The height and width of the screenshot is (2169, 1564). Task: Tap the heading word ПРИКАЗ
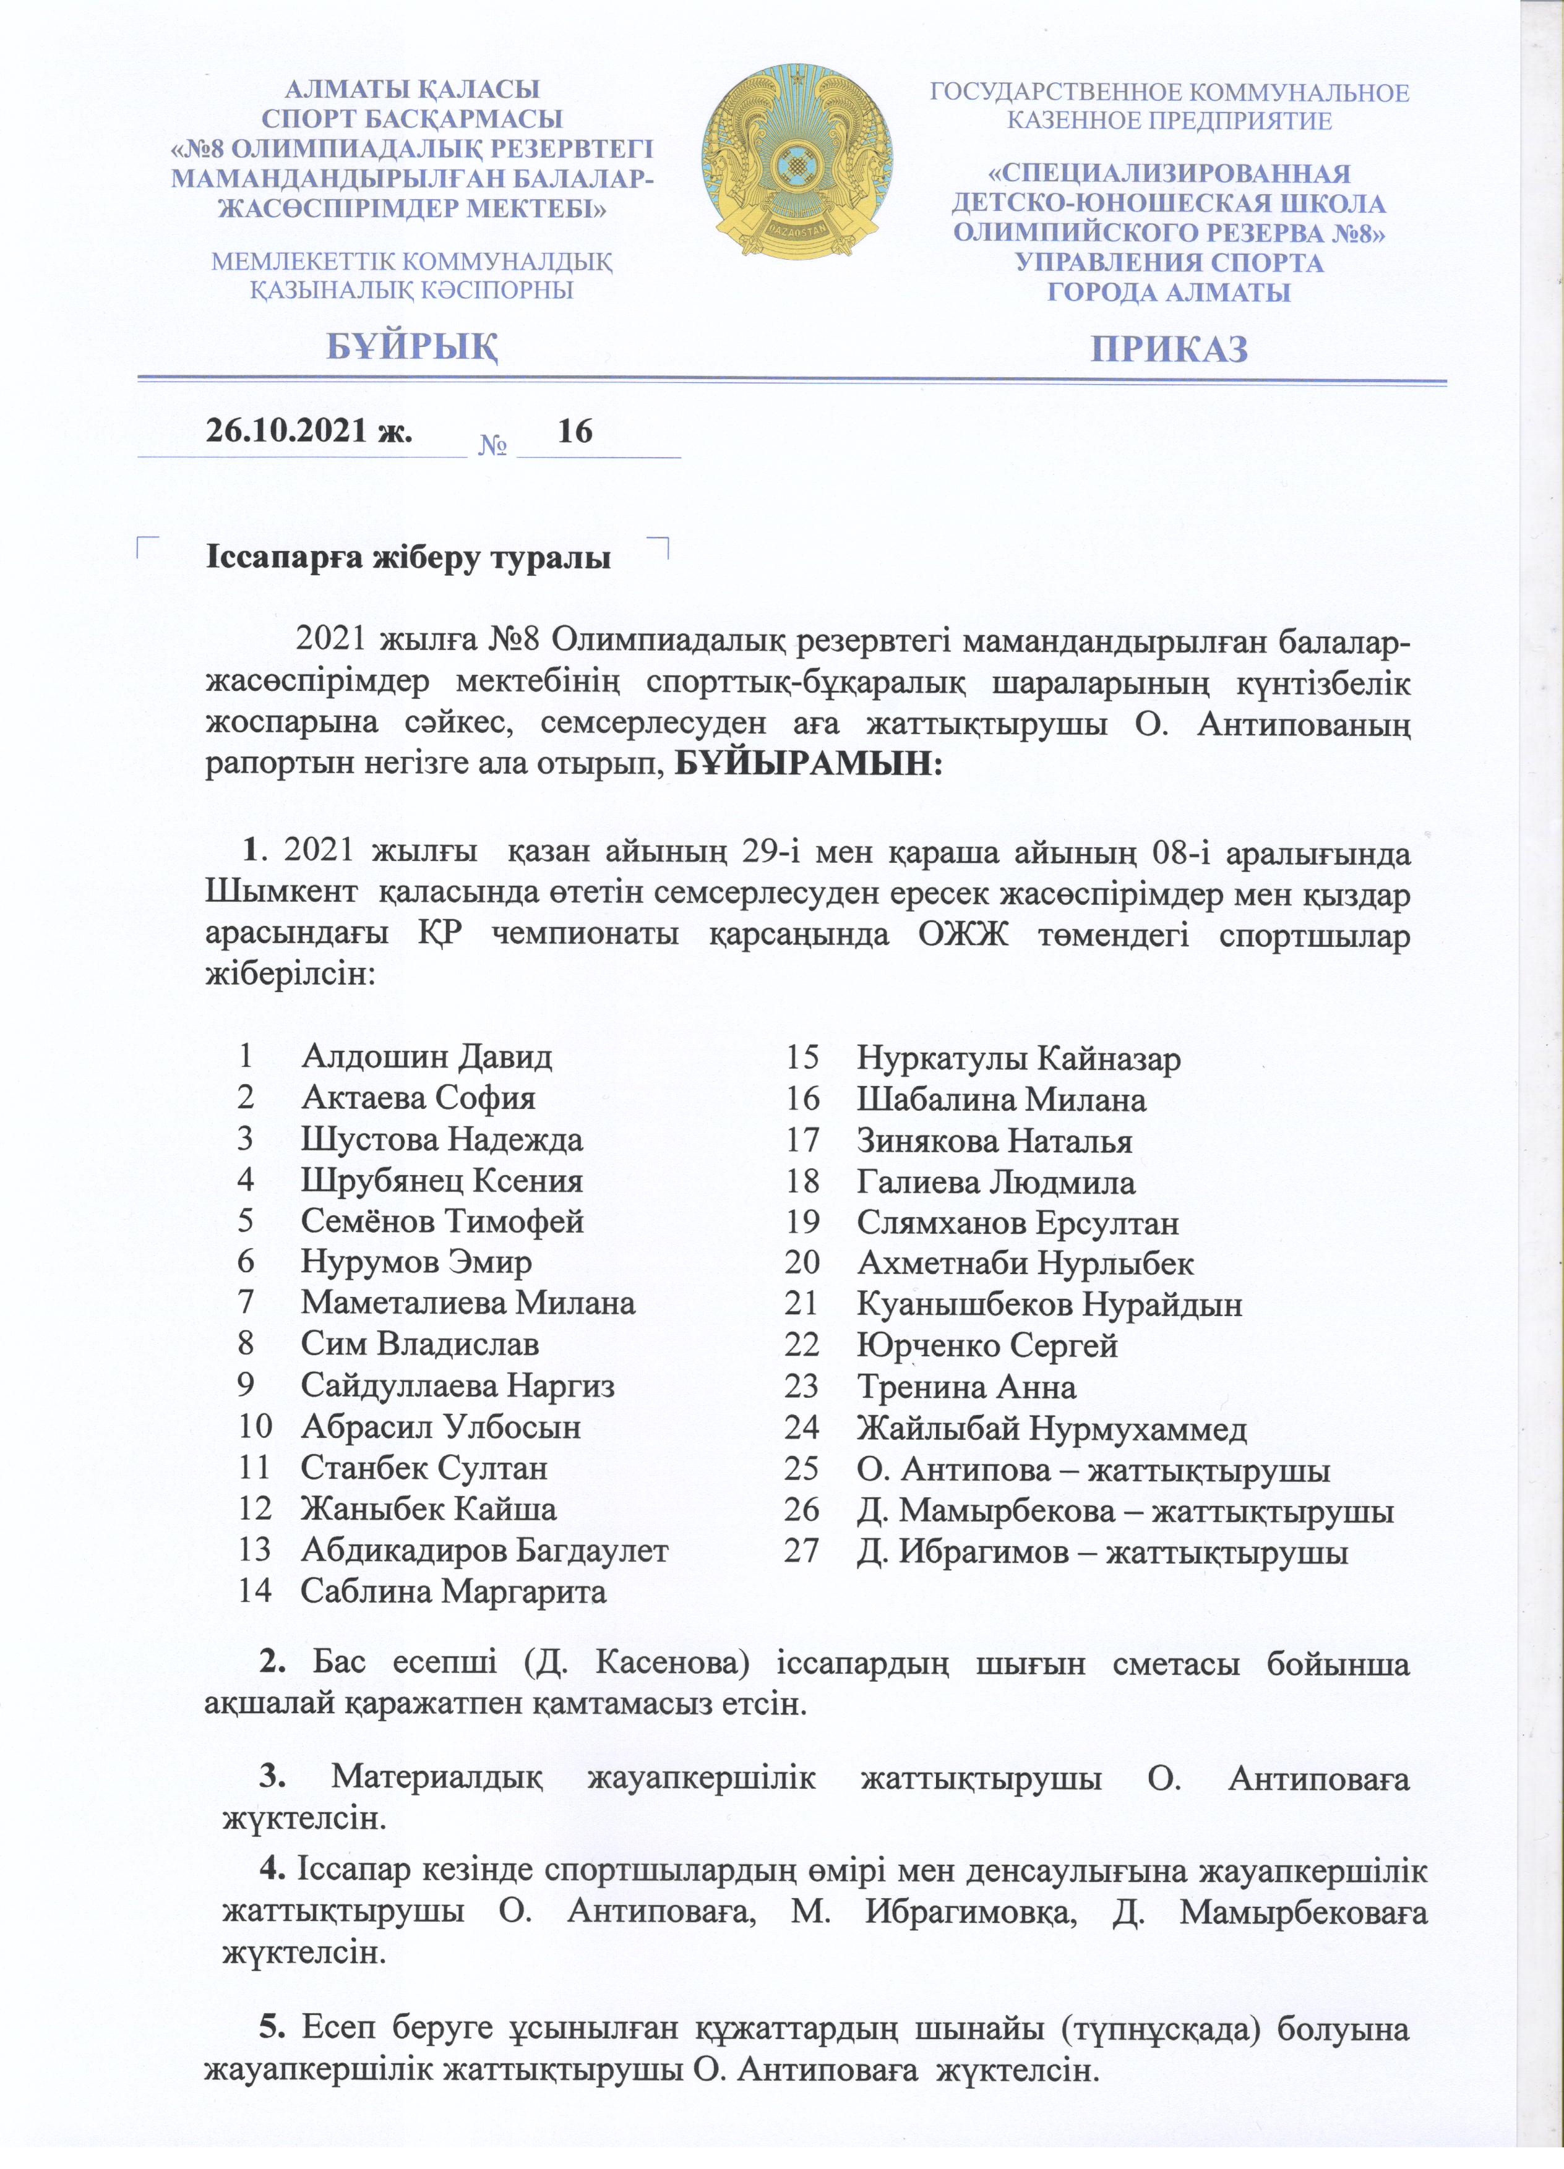(1170, 349)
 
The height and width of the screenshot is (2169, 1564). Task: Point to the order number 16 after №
(575, 431)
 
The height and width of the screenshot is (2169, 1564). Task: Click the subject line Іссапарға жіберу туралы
(408, 557)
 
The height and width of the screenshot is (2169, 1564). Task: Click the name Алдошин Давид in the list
(427, 1057)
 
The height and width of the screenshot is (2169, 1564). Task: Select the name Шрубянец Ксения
(442, 1180)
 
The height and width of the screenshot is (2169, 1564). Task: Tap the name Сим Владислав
(420, 1344)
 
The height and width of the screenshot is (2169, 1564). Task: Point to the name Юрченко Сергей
(987, 1346)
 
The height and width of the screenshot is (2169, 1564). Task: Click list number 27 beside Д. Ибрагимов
(802, 1551)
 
